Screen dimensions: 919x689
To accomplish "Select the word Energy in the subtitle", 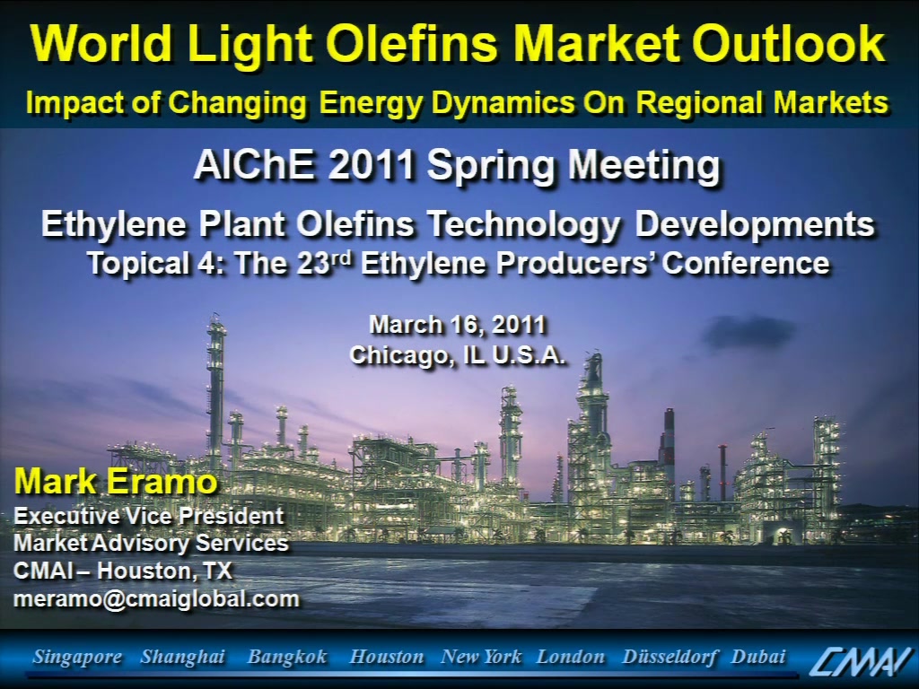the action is [x=371, y=104].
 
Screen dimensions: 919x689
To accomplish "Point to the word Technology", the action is [x=522, y=225].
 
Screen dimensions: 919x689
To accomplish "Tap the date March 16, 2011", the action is [x=458, y=325].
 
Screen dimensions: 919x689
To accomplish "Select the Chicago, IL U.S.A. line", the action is [x=457, y=355].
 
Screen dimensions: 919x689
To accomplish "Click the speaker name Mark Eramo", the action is [x=116, y=482].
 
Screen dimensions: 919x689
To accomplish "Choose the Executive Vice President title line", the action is [x=149, y=516].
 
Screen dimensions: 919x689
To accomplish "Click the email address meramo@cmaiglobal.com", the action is [x=156, y=598].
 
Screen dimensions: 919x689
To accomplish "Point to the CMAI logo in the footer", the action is [x=861, y=659].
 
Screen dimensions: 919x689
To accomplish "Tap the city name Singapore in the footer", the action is [x=77, y=657].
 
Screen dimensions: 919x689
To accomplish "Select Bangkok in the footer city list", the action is [x=287, y=657].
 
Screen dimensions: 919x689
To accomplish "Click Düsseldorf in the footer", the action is [x=670, y=657].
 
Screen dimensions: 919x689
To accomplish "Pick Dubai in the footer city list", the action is [x=757, y=656].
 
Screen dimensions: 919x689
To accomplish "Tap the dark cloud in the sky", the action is [x=748, y=332].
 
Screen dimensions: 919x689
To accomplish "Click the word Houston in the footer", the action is [x=386, y=657].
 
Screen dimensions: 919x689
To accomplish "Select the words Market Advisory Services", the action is [x=151, y=543].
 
